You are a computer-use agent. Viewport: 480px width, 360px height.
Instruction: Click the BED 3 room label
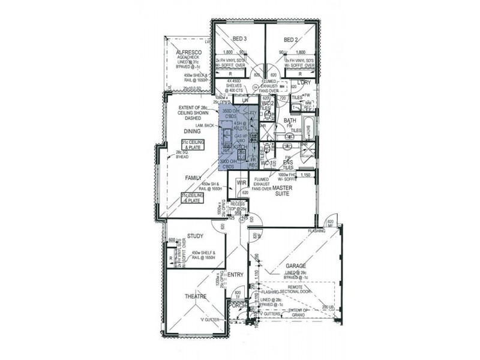click(240, 40)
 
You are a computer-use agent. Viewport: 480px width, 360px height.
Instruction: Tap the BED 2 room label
click(291, 40)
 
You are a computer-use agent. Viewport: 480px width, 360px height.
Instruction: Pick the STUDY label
click(195, 236)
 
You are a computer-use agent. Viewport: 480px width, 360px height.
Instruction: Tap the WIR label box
click(243, 182)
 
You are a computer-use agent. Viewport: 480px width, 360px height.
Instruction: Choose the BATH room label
click(290, 121)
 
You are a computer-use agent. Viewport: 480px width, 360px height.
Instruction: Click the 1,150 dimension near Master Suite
click(305, 175)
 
